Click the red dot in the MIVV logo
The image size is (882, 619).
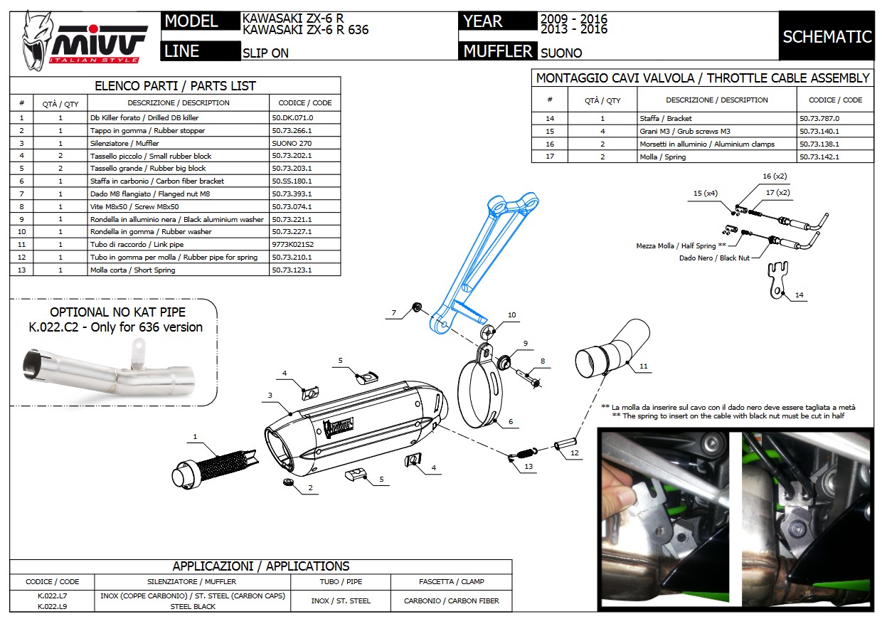tap(93, 28)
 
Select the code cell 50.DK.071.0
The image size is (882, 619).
tap(292, 117)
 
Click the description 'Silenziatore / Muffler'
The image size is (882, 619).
tap(124, 143)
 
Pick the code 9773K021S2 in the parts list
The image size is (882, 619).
tap(292, 245)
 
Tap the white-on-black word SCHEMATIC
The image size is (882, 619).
tap(827, 36)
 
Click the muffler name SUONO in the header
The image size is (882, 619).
tap(561, 53)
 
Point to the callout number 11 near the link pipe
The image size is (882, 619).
tap(644, 366)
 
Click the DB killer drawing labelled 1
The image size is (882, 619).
tap(215, 470)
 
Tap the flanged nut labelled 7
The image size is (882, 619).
tap(417, 307)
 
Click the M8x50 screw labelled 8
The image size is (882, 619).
tap(528, 378)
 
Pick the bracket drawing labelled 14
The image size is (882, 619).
tap(777, 280)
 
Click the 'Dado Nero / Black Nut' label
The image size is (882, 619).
tap(714, 258)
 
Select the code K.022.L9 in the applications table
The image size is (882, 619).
tap(53, 606)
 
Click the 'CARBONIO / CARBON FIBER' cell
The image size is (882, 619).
tap(451, 601)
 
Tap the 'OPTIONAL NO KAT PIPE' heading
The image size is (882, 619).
tap(117, 312)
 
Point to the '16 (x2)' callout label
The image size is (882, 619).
tap(775, 176)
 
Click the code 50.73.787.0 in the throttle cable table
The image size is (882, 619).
tap(819, 119)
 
